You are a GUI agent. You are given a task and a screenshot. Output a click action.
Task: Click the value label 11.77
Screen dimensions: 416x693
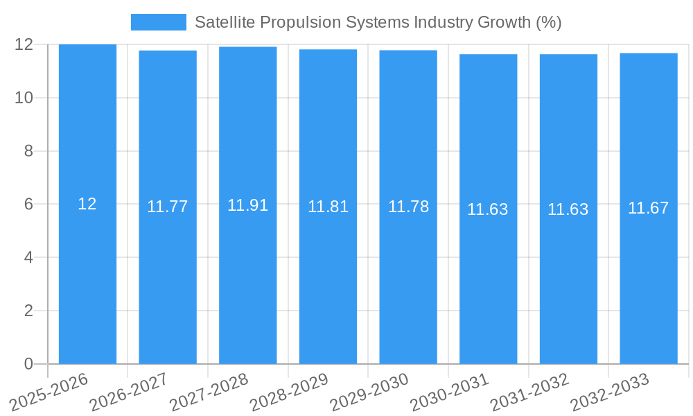(167, 207)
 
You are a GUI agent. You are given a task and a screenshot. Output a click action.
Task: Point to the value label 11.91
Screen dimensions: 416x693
(247, 205)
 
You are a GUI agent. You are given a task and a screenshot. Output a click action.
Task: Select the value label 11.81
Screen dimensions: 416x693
(328, 207)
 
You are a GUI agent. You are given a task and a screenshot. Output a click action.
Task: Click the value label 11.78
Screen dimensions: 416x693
(408, 207)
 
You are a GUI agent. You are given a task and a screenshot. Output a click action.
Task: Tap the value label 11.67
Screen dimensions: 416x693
(648, 208)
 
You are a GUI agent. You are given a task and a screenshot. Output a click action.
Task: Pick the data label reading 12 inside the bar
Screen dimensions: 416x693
(87, 204)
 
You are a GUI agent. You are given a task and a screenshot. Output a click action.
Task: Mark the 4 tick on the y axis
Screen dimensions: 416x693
(28, 257)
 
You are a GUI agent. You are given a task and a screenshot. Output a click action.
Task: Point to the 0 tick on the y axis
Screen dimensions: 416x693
(28, 364)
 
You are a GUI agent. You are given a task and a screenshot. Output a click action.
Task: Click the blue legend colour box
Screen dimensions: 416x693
(159, 22)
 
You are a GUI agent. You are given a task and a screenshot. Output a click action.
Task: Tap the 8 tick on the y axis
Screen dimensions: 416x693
(28, 151)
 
